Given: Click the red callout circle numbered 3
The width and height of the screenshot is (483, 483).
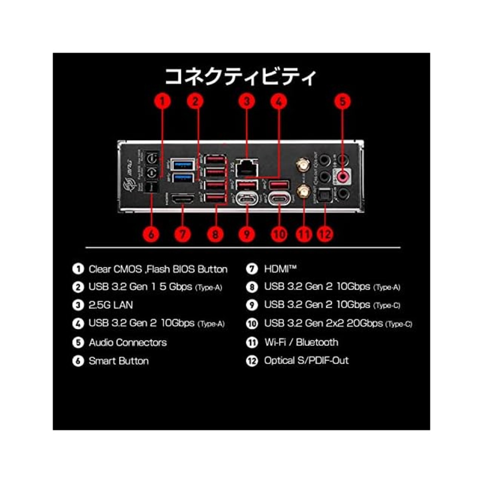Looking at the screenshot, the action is pos(246,101).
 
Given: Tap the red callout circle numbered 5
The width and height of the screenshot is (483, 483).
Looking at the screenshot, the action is pos(343,101).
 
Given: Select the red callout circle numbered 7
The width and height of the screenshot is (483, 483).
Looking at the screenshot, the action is pos(183,234).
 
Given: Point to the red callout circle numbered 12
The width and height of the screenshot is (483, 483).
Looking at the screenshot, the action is pos(325,234).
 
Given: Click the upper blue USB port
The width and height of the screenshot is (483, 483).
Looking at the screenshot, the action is pos(182,165).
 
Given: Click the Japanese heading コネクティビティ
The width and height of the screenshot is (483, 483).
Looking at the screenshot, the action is pos(240,77).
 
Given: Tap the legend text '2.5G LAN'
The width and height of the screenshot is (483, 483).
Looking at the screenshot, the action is pos(111,305).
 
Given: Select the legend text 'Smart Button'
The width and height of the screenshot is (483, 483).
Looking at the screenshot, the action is pos(118,361).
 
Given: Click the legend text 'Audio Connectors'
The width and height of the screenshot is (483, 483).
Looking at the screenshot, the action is pos(128,343).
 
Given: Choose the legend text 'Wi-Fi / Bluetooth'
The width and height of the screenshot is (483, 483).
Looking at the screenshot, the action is pos(301,343).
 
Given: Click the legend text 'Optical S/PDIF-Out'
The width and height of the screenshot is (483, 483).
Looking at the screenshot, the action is pos(306,361).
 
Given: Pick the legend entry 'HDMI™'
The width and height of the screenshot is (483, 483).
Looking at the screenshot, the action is pos(280,269).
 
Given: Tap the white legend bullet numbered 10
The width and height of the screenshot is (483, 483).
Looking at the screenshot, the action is pos(252,324).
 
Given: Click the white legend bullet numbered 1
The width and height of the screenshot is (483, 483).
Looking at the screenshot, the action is pos(78,269).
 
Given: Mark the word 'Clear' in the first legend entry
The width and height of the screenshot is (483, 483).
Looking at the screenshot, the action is pos(100,269).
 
